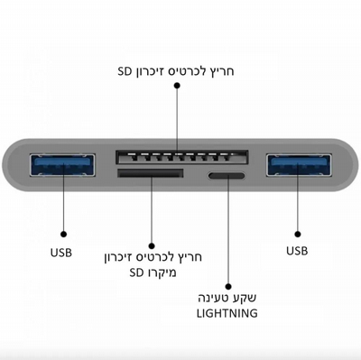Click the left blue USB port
click(x=62, y=165)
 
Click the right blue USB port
click(x=299, y=165)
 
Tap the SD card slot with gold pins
click(x=182, y=157)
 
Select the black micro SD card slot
click(x=151, y=173)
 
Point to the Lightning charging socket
click(x=226, y=176)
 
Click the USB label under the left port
click(x=61, y=253)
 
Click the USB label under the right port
click(x=297, y=251)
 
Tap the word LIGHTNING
click(x=227, y=313)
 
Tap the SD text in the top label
click(x=125, y=71)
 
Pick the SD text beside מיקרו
click(x=136, y=272)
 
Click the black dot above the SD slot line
click(x=177, y=86)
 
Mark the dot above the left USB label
click(x=63, y=234)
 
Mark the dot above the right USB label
click(x=298, y=234)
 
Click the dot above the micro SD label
click(x=152, y=246)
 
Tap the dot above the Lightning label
click(x=228, y=287)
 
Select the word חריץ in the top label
click(x=222, y=71)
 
